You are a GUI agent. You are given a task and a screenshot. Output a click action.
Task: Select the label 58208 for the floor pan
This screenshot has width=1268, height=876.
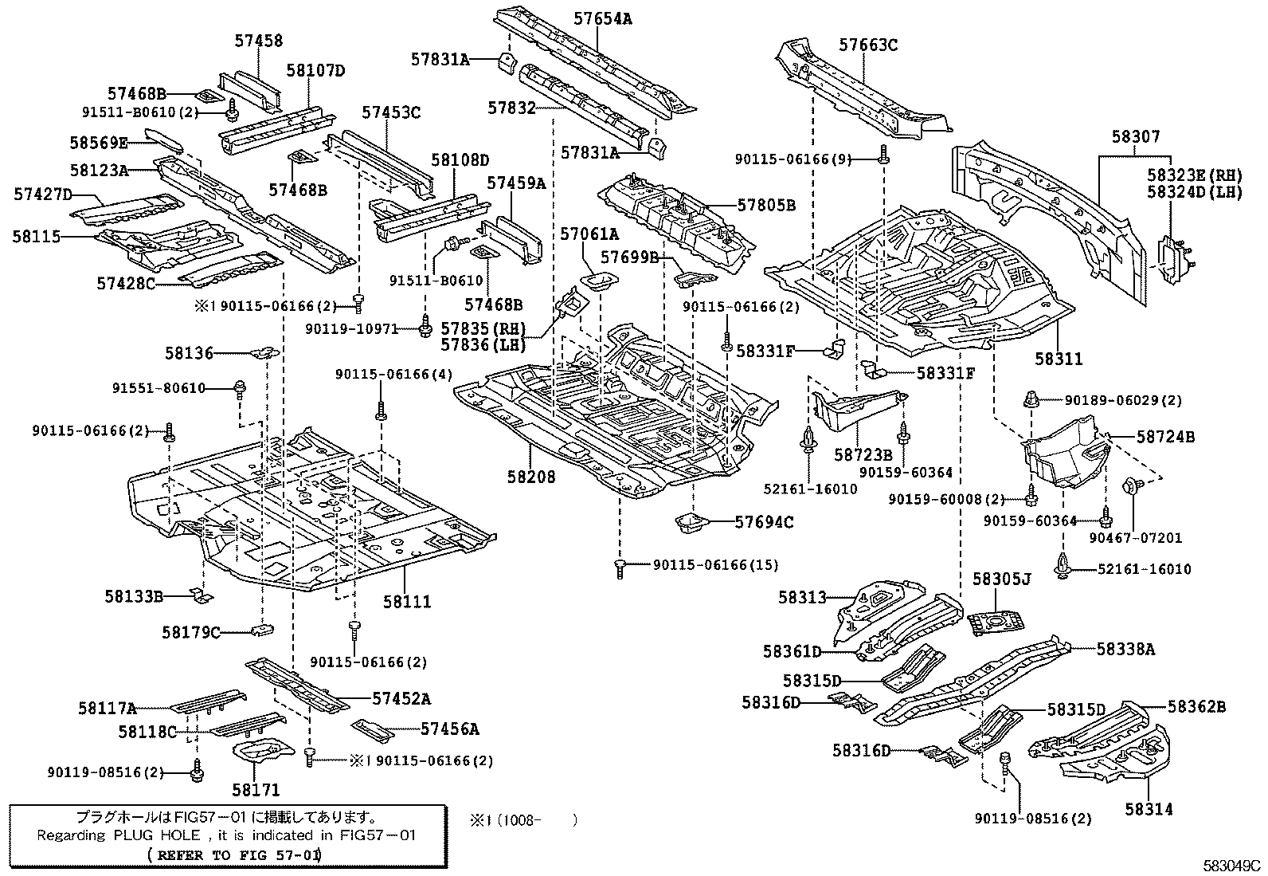pos(531,477)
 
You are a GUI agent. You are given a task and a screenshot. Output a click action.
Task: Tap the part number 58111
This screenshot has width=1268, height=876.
pos(407,601)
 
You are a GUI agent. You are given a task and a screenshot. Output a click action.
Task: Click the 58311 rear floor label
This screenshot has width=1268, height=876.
pos(1059,359)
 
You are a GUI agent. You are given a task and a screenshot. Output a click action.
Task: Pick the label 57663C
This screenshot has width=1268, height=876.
pos(868,45)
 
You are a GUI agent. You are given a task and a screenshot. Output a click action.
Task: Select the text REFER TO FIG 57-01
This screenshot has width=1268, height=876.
pos(236,854)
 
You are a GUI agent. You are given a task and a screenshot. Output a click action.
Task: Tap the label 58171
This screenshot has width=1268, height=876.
pos(256,790)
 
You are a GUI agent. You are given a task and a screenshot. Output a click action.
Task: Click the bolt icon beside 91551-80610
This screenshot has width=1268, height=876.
pos(239,388)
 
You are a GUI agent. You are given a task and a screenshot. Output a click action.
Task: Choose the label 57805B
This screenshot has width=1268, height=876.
pos(766,206)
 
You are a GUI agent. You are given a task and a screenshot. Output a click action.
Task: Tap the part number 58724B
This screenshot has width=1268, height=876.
pos(1165,437)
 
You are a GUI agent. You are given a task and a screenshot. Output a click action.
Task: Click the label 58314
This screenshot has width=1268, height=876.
pos(1149,809)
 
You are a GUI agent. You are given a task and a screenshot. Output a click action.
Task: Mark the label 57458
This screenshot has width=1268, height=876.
pos(258,41)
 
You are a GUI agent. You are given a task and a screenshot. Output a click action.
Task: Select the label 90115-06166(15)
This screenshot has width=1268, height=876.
pos(715,565)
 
